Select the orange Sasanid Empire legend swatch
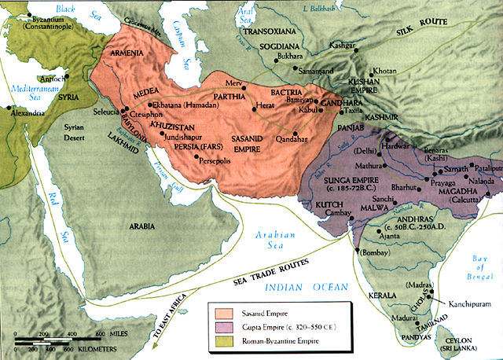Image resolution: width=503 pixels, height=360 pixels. (218, 311)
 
